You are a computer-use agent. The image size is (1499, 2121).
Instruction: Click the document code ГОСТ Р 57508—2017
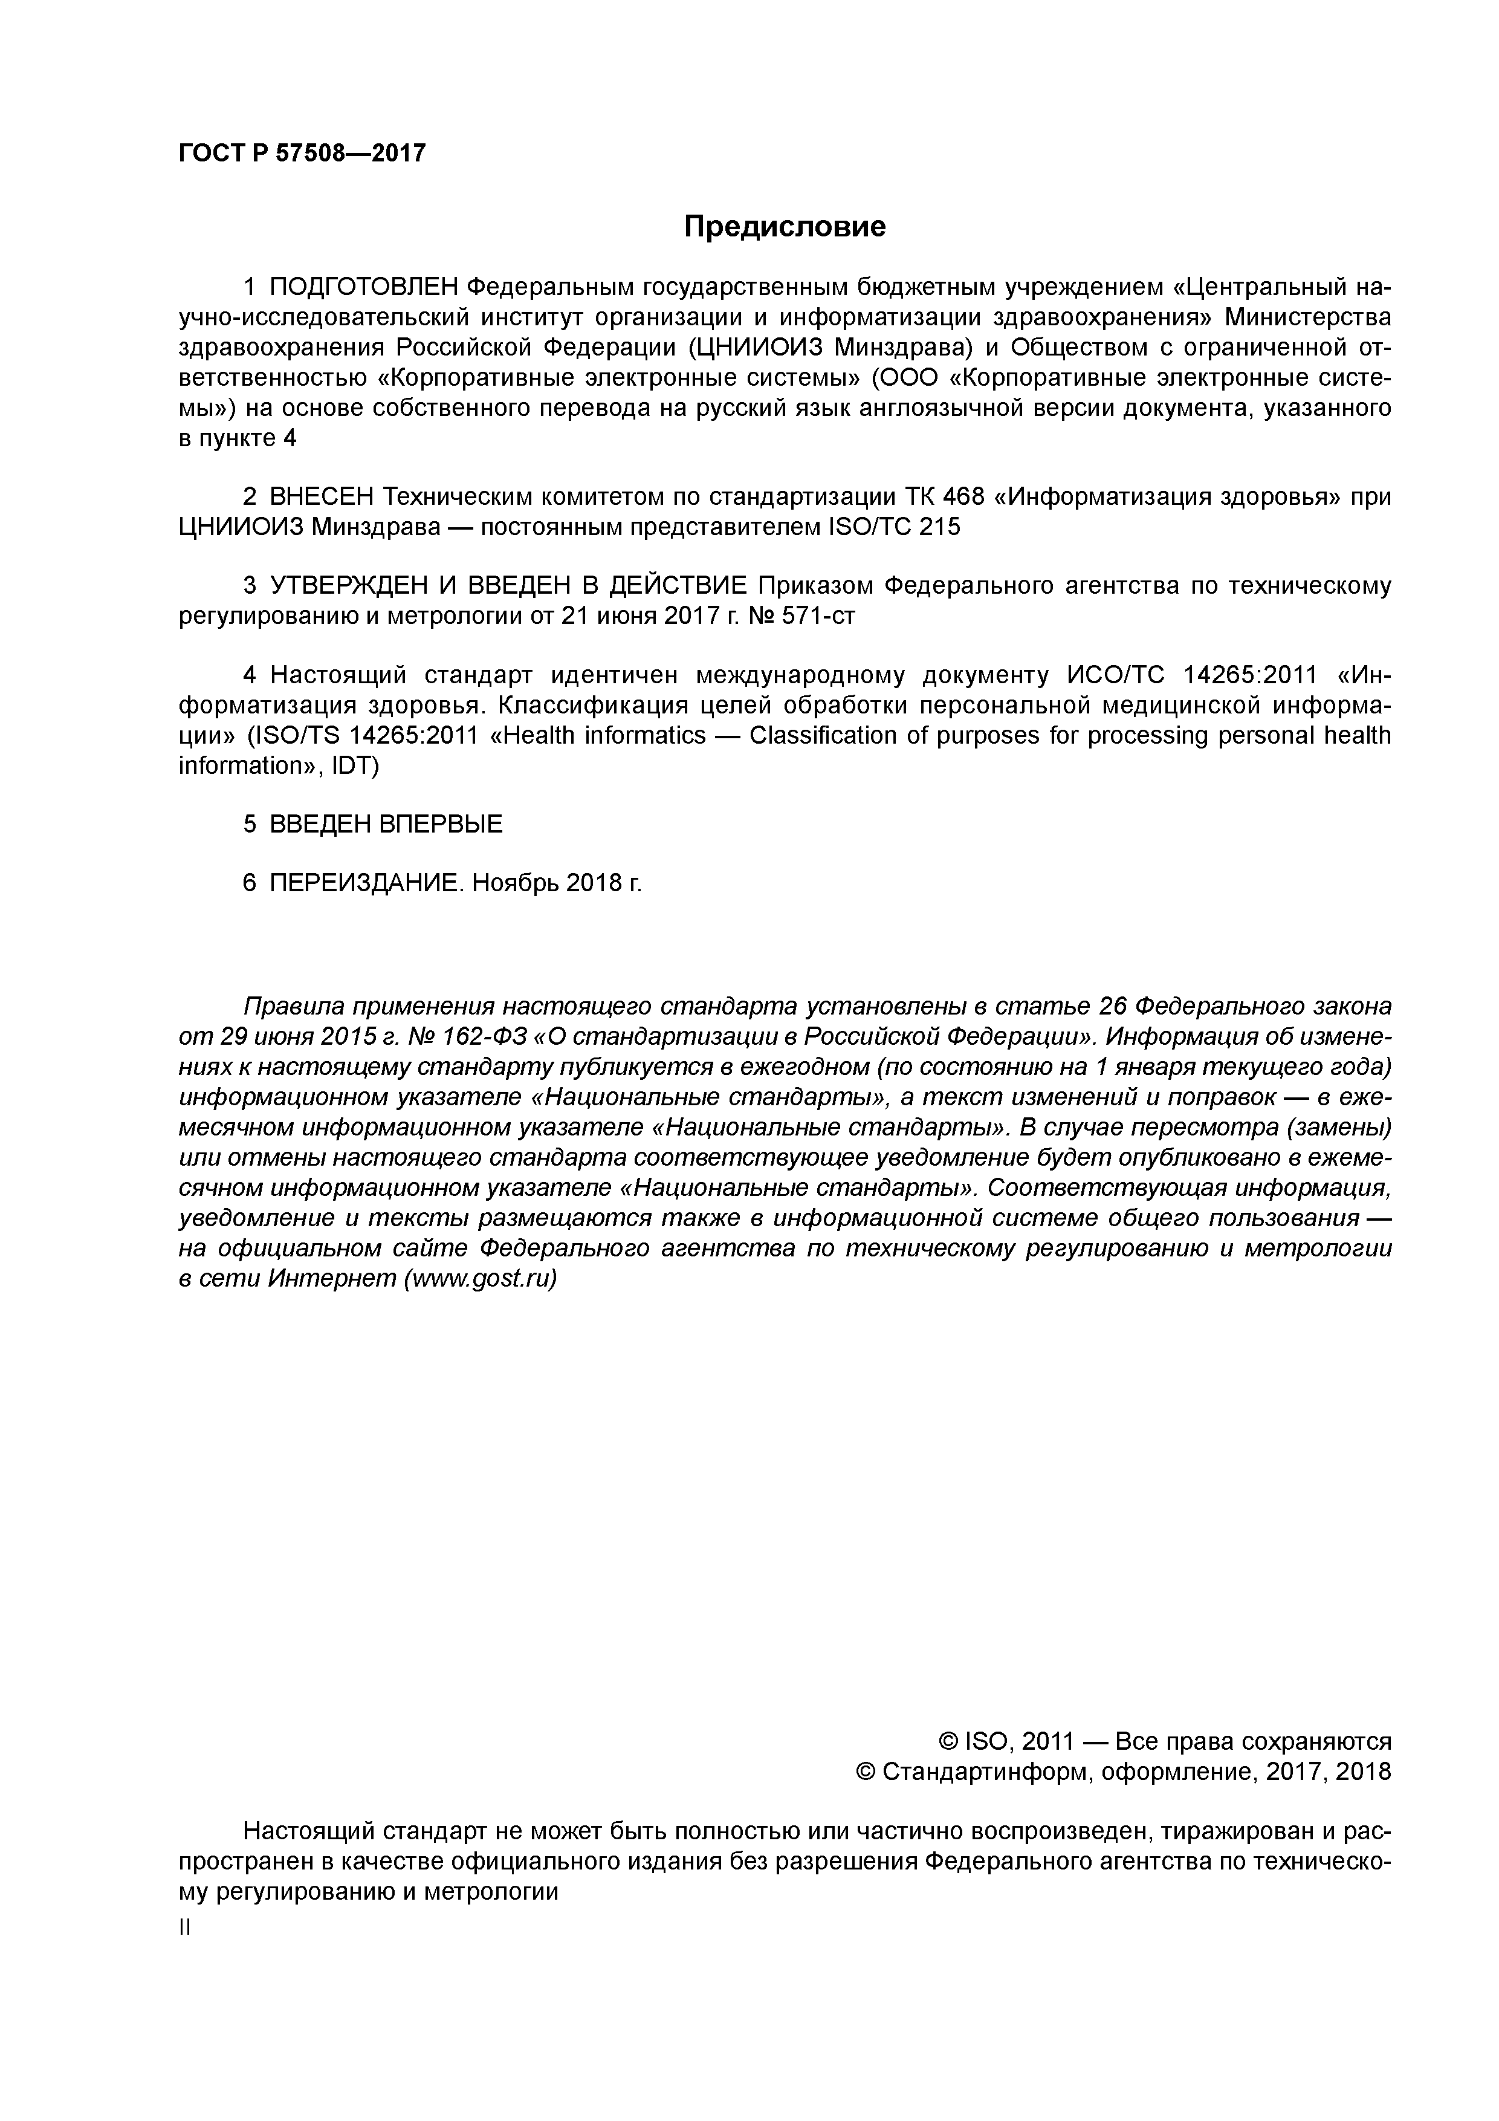point(302,154)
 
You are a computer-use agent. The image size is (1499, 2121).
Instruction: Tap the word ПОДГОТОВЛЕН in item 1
point(363,287)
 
